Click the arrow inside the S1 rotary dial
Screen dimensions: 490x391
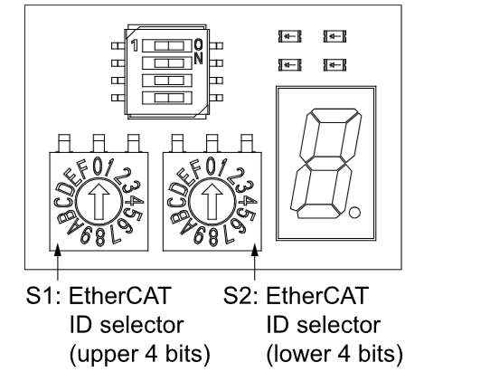tap(99, 202)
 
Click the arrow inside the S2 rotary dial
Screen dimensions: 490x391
tap(212, 202)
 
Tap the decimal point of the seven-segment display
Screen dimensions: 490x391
tap(354, 213)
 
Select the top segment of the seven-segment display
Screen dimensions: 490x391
tap(335, 116)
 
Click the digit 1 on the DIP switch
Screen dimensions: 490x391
tap(135, 45)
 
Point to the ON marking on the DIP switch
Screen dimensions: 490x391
tap(198, 52)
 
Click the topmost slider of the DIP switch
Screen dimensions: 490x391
tap(167, 46)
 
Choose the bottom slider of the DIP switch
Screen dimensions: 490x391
tap(167, 98)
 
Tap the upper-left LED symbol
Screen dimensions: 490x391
tap(289, 36)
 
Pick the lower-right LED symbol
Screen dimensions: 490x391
tap(335, 65)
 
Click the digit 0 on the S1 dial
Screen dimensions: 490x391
tap(99, 167)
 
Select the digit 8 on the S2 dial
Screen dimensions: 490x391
tap(212, 237)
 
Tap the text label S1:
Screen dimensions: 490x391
tap(43, 296)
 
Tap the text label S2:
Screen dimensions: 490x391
tap(240, 296)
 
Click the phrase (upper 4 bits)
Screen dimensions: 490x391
tap(140, 354)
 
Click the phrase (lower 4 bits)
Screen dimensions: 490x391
tap(335, 354)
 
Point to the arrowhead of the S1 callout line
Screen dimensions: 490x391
tap(58, 250)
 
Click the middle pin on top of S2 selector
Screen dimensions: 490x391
tap(212, 143)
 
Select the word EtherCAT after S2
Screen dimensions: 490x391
tap(317, 296)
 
